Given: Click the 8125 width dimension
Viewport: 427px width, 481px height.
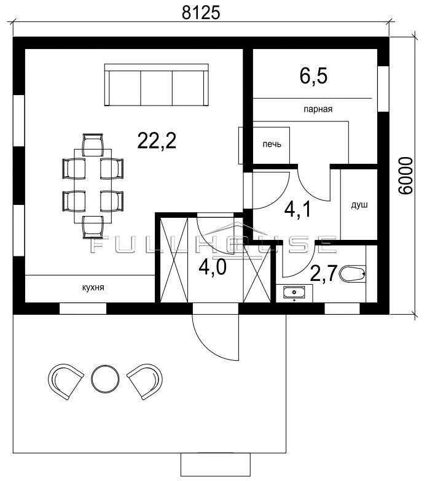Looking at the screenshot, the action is pyautogui.click(x=202, y=13).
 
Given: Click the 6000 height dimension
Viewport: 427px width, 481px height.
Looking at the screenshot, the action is pyautogui.click(x=405, y=175).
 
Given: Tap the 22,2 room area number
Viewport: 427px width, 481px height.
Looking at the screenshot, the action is pyautogui.click(x=157, y=141).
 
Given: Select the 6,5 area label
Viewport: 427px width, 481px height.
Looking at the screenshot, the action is pyautogui.click(x=313, y=76).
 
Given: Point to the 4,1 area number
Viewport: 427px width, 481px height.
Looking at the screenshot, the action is pyautogui.click(x=297, y=210).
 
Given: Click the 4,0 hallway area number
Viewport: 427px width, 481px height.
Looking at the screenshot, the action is pyautogui.click(x=213, y=267).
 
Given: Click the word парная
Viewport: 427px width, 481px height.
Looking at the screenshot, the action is pyautogui.click(x=318, y=109).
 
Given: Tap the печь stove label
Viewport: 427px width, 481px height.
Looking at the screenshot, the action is pyautogui.click(x=272, y=144).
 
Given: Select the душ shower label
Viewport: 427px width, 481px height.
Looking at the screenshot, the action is pyautogui.click(x=359, y=205).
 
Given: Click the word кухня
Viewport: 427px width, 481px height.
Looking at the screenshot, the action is pyautogui.click(x=93, y=288).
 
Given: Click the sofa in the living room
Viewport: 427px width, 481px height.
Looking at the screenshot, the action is pyautogui.click(x=156, y=85).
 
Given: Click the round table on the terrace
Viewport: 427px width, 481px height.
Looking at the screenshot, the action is pyautogui.click(x=106, y=378).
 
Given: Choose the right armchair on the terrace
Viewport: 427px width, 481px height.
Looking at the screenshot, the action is pyautogui.click(x=145, y=382).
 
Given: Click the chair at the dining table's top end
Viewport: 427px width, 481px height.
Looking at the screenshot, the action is pyautogui.click(x=92, y=145).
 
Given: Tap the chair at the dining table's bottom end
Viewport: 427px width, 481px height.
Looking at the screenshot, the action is pyautogui.click(x=93, y=227).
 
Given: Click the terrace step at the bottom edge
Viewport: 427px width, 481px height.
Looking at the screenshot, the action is pyautogui.click(x=215, y=464).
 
